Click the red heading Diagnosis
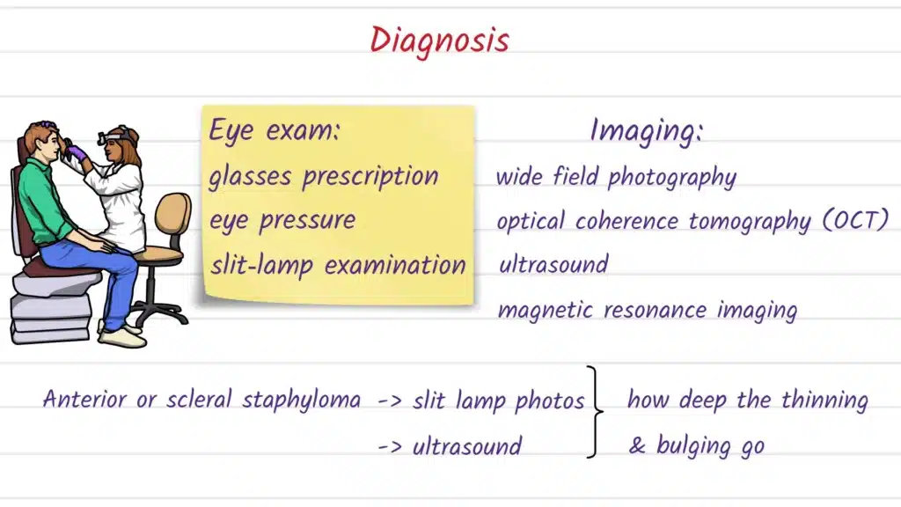(x=439, y=40)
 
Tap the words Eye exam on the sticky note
(x=275, y=131)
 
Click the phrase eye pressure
(x=282, y=220)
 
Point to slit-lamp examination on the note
(x=337, y=264)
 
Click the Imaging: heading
(x=647, y=131)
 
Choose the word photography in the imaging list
(x=672, y=177)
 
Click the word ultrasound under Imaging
(x=553, y=264)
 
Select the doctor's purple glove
(x=77, y=154)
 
